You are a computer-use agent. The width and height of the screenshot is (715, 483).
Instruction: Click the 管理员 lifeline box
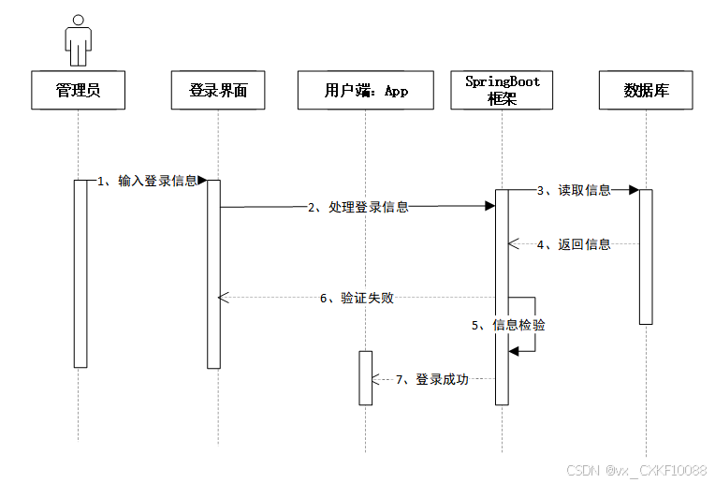coord(78,91)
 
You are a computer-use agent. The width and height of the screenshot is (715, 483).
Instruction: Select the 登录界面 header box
coord(219,91)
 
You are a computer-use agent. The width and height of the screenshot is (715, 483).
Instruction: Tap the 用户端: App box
coord(366,91)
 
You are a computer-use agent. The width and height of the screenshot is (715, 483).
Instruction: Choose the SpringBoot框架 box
coord(503,90)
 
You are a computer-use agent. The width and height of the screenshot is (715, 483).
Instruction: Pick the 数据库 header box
coord(646,91)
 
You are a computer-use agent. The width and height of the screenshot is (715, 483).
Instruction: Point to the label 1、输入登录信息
coord(148,182)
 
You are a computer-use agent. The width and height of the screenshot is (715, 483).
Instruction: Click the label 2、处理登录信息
coord(358,208)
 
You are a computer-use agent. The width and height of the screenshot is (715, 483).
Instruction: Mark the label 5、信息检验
coord(508,325)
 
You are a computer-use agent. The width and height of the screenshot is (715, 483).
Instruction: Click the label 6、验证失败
coord(357,298)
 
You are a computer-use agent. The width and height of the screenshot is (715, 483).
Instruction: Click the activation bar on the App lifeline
coord(365,377)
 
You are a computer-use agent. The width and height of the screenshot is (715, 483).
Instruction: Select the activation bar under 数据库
coord(646,256)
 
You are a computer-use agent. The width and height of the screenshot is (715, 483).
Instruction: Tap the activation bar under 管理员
coord(80,273)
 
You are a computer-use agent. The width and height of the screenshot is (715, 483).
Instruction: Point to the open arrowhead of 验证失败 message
coord(223,298)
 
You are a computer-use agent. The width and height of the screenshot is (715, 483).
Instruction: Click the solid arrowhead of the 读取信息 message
coord(634,190)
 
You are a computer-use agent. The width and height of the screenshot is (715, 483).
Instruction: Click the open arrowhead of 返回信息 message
coord(513,244)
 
